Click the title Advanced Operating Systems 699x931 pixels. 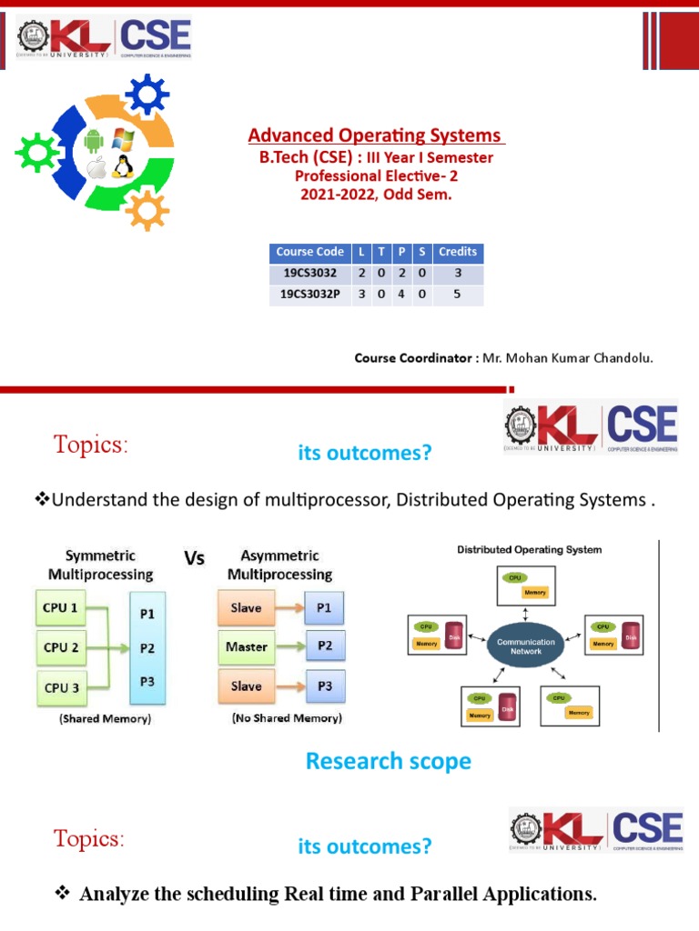(x=376, y=135)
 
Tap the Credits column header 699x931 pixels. (x=457, y=252)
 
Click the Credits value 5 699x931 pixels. (x=457, y=295)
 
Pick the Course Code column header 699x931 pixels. (x=309, y=252)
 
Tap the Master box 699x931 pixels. (x=247, y=646)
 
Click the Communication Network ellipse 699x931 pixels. (x=525, y=646)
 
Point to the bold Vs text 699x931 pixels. (x=194, y=558)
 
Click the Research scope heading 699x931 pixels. (x=388, y=761)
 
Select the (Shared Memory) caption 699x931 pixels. (x=106, y=718)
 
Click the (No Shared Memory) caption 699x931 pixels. (x=286, y=718)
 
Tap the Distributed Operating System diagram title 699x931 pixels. (x=529, y=549)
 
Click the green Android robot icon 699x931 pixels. (x=92, y=141)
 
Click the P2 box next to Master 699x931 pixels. (x=325, y=646)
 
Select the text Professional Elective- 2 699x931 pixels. (x=376, y=175)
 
